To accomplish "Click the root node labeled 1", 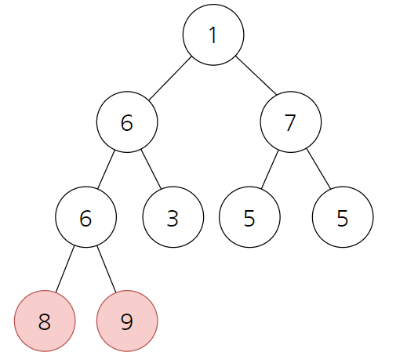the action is (213, 34).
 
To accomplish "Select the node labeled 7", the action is (291, 122).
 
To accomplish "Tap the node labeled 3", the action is (173, 217).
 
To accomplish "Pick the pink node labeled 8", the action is (45, 321).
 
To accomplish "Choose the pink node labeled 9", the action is (127, 321).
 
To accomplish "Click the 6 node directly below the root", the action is (127, 122).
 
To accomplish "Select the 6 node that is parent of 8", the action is (85, 217).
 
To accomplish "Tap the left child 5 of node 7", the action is (249, 217).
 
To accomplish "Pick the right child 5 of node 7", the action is (343, 217).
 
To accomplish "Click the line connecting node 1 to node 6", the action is (170, 78).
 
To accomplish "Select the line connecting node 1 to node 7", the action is (256, 75).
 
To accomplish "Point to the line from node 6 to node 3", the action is (151, 169).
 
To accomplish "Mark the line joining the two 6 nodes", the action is (106, 169).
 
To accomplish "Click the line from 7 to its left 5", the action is (270, 169).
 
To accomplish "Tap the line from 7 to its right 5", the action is (318, 169).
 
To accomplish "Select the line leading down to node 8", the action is (65, 269).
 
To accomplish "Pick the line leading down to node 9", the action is (107, 269).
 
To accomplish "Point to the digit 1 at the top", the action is (213, 35).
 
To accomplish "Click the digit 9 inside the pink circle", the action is (127, 321).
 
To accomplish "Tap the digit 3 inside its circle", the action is (173, 218).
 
